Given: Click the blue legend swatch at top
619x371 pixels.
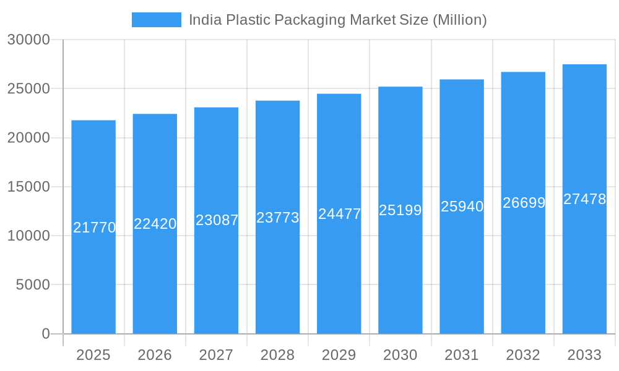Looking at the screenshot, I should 156,20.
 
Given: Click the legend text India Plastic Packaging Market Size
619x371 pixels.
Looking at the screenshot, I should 337,20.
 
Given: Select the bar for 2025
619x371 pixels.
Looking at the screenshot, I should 93,278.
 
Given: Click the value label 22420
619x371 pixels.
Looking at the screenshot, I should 155,224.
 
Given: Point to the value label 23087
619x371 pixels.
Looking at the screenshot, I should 217,220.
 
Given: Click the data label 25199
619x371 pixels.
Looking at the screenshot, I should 400,210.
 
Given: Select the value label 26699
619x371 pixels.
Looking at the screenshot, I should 524,203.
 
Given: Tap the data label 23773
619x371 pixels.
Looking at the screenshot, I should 278,218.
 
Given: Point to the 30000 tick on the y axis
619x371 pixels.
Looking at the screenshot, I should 28,40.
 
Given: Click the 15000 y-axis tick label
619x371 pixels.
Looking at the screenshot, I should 28,187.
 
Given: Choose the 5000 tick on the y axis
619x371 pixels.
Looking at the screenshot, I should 32,285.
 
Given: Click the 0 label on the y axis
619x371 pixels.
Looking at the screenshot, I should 46,334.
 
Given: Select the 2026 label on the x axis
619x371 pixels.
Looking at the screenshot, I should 155,355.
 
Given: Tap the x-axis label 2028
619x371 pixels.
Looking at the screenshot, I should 277,355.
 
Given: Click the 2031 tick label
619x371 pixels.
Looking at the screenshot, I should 462,355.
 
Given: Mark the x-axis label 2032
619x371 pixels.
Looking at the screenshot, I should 523,355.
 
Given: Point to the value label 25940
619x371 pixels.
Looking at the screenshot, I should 462,207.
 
